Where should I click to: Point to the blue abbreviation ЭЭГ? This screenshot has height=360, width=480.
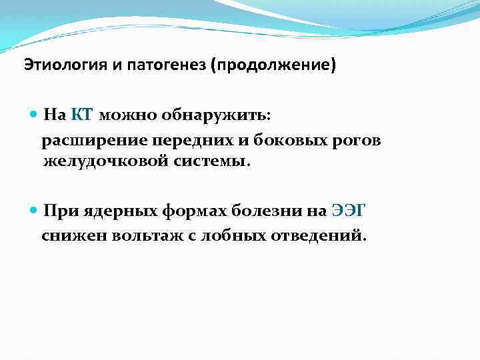349,211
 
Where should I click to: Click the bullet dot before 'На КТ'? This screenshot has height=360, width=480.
34,115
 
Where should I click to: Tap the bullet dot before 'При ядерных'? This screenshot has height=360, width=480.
34,211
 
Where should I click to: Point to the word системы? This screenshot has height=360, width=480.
212,161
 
